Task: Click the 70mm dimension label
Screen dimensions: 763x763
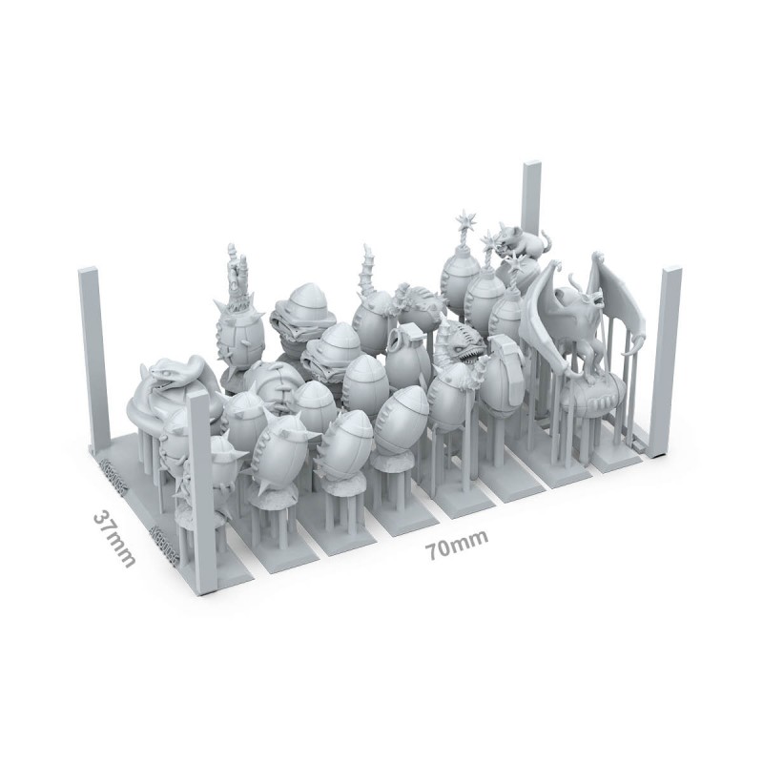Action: pyautogui.click(x=456, y=545)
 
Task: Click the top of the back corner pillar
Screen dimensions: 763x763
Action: pyautogui.click(x=532, y=165)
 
